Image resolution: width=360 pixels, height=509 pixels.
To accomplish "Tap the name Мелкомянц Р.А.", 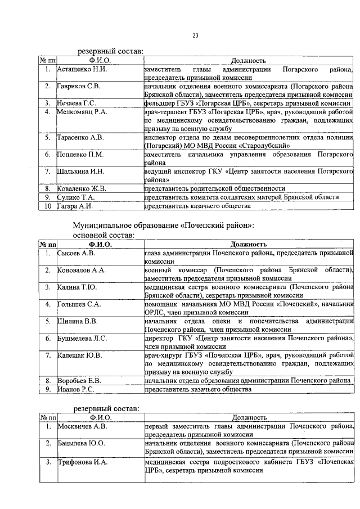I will point(82,111).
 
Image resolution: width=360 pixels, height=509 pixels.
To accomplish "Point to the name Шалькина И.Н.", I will point(80,170).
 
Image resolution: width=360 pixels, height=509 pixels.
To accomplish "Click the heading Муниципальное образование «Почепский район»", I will point(163,224).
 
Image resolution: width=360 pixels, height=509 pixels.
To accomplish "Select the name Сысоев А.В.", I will point(76,253).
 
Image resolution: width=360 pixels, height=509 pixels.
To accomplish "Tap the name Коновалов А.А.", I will point(82,270).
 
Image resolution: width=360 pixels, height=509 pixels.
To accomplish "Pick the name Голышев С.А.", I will point(79,304).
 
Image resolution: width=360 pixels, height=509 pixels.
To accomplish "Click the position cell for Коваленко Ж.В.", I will point(214,188).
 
